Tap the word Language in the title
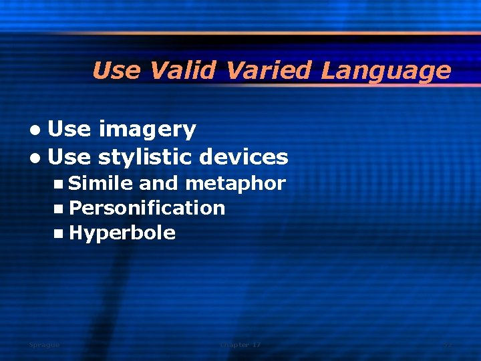[x=385, y=70]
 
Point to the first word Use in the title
[x=117, y=70]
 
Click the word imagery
[x=147, y=130]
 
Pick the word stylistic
[x=148, y=157]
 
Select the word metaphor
[x=235, y=183]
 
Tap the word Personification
[x=147, y=208]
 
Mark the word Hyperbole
[x=122, y=233]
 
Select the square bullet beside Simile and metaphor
[x=61, y=183]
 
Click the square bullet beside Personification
[x=61, y=208]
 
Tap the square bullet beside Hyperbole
[x=61, y=233]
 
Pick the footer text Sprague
[x=44, y=345]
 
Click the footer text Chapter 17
[x=240, y=345]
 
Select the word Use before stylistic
[x=69, y=157]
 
